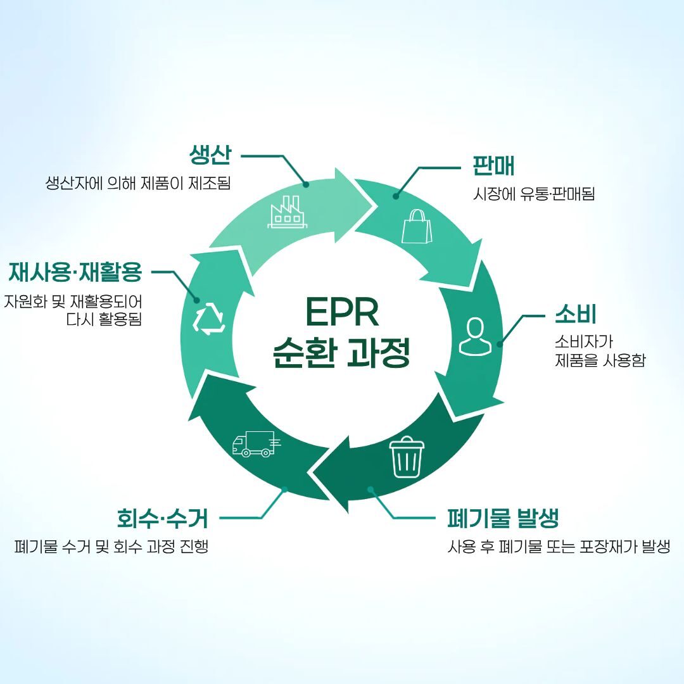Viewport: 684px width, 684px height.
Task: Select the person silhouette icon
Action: point(474,336)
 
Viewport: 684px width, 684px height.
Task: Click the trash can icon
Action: point(407,457)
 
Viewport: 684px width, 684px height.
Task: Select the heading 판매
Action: point(493,165)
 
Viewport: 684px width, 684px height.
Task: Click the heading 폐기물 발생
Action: point(502,518)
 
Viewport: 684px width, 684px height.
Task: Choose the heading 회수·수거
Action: point(162,518)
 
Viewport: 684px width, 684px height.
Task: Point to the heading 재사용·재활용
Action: point(75,272)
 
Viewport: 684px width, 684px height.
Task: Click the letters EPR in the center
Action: point(341,312)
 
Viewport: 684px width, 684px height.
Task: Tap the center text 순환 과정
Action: point(341,353)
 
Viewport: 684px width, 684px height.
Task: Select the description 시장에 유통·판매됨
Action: point(534,194)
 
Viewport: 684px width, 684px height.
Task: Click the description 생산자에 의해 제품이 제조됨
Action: point(138,183)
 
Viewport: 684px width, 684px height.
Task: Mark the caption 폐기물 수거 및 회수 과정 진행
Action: point(111,546)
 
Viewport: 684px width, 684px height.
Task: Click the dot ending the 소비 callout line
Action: point(500,345)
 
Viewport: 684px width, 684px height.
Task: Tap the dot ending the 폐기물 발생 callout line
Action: point(371,490)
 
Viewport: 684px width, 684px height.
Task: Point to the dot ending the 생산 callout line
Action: point(307,184)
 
